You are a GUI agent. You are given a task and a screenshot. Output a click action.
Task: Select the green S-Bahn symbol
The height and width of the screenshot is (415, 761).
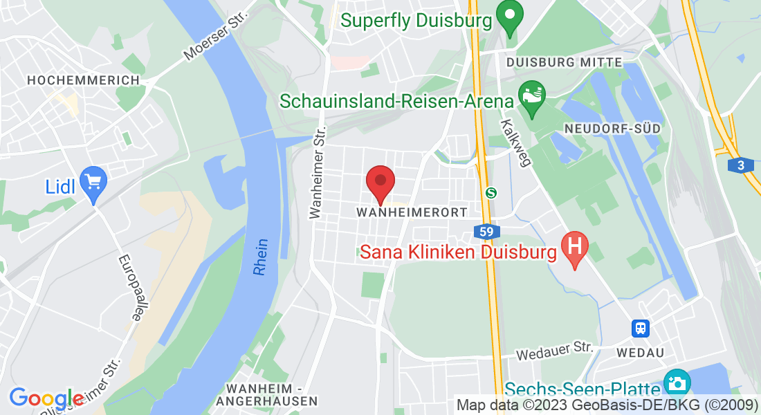[491, 193]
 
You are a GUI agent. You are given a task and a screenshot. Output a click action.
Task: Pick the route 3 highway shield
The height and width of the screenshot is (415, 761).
[740, 165]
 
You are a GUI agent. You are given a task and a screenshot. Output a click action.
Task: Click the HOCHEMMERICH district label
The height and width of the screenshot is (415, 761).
[83, 80]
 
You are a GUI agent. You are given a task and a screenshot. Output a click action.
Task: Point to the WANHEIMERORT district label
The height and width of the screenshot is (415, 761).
[412, 212]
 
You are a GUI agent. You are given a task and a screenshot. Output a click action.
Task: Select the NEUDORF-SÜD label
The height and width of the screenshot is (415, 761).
[612, 129]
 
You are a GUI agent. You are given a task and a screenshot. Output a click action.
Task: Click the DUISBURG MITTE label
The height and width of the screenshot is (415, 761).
[564, 62]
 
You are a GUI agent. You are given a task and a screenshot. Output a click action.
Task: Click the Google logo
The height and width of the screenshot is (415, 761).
[46, 399]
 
